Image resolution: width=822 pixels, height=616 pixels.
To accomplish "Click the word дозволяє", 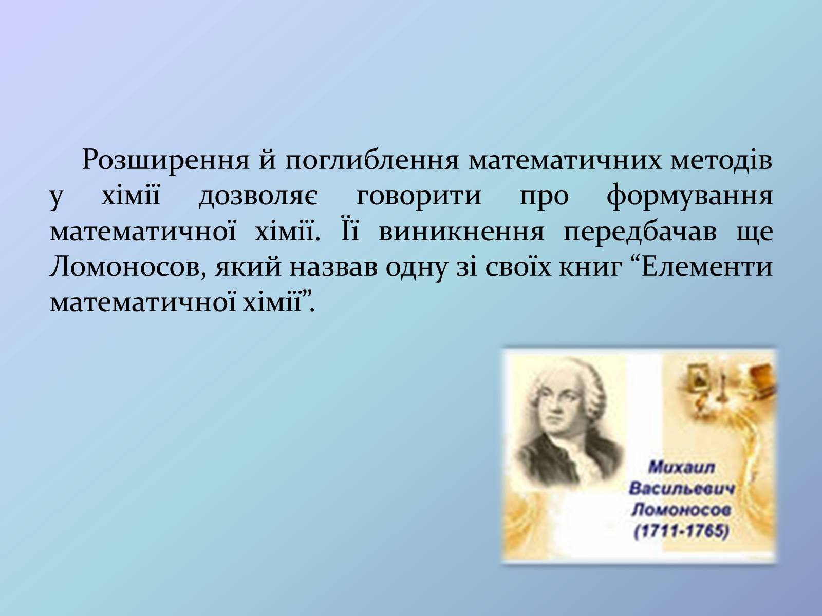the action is click(258, 197).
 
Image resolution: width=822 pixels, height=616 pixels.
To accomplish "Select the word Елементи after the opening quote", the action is click(707, 267).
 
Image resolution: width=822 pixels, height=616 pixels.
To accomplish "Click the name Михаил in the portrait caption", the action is click(681, 468).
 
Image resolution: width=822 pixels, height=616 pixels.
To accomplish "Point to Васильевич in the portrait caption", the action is click(682, 489).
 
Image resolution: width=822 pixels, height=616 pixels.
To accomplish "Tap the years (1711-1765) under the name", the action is click(681, 532).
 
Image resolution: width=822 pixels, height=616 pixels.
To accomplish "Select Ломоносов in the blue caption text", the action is click(681, 510).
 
